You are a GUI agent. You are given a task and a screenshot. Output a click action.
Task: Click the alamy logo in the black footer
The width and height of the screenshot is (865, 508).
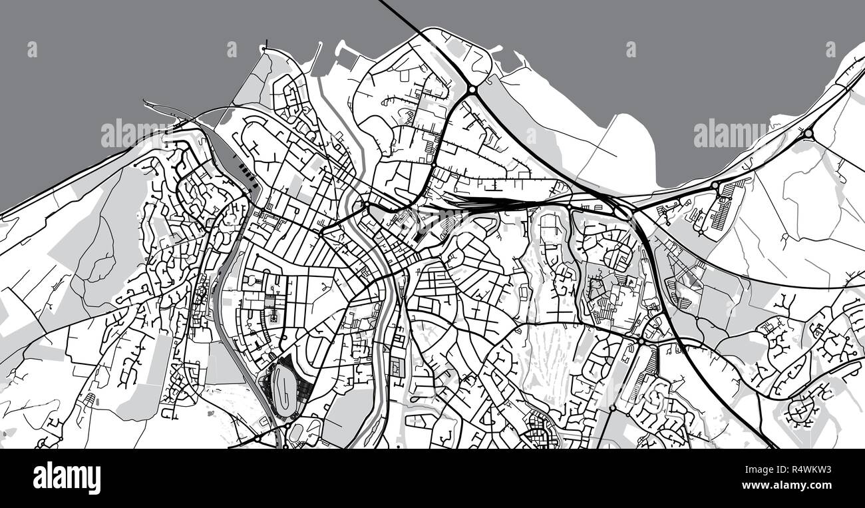[x=67, y=478]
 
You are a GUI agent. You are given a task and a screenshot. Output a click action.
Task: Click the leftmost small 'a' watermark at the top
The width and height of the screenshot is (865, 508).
[x=32, y=49]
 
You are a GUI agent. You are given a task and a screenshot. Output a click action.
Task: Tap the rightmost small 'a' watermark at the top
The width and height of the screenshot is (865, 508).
[x=830, y=49]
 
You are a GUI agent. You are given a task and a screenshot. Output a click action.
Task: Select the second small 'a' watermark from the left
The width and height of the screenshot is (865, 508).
[x=232, y=49]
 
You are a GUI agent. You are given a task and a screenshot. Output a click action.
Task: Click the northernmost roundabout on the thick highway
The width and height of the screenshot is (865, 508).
[x=472, y=89]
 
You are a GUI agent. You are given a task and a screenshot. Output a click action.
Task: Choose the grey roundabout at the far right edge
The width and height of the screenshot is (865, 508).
[x=808, y=133]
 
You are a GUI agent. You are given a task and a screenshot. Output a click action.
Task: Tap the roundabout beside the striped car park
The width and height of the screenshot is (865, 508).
[x=715, y=185]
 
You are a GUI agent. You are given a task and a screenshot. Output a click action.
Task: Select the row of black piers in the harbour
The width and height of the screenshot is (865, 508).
[x=248, y=175]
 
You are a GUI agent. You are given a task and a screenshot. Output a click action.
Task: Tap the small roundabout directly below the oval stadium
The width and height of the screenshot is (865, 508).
[x=285, y=444]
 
